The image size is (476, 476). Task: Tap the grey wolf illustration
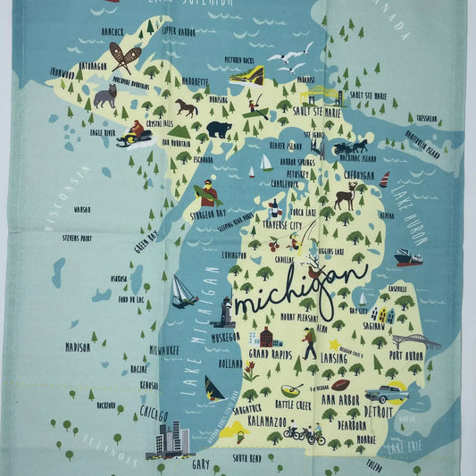105,96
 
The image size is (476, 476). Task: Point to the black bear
219,129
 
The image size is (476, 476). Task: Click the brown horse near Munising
187,107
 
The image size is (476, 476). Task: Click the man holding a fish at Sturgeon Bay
207,191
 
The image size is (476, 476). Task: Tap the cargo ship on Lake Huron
408,257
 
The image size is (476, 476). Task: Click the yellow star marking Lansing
334,343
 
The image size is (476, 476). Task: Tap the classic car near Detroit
386,392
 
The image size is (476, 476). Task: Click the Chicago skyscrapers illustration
171,439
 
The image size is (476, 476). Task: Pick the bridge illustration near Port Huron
416,341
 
